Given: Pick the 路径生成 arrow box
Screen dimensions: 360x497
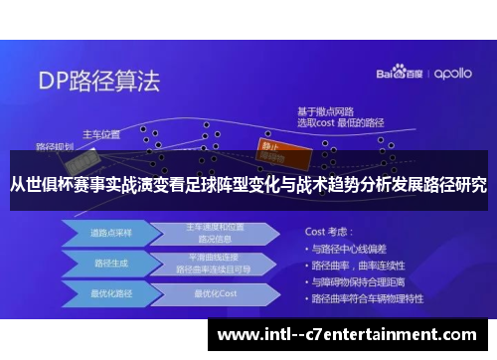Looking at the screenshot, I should [x=105, y=263].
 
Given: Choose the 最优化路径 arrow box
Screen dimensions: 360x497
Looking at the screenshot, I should [x=105, y=294].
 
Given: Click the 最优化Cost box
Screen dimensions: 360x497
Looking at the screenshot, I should [x=214, y=294].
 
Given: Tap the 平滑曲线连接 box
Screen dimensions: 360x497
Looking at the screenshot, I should [x=214, y=263].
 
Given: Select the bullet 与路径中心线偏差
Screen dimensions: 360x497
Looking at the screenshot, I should [x=356, y=247].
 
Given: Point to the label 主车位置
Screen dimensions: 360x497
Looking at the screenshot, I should [x=100, y=133].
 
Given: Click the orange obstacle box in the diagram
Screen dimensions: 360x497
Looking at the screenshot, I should [x=272, y=148].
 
